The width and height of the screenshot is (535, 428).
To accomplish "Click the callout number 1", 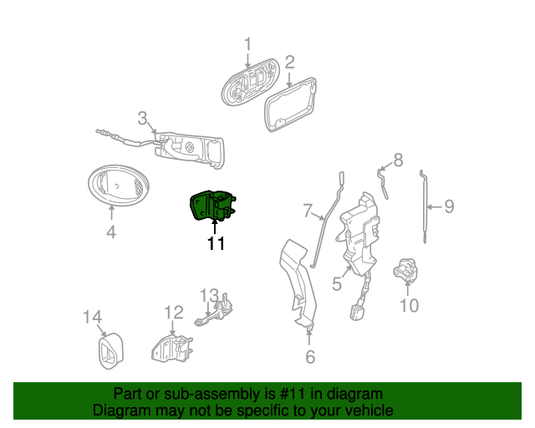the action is click(x=247, y=44).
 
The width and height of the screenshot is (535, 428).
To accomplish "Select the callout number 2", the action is click(x=289, y=63).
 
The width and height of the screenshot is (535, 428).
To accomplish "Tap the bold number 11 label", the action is click(x=217, y=244).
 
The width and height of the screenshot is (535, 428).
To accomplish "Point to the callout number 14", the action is click(x=93, y=317).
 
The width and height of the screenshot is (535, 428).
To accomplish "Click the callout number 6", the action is click(x=310, y=357).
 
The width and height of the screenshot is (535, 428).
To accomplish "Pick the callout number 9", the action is click(x=449, y=206).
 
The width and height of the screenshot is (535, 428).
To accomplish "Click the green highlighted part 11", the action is click(x=213, y=206).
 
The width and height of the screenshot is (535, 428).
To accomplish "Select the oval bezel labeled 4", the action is click(x=118, y=186).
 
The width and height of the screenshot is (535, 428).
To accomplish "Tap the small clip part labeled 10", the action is click(x=405, y=270).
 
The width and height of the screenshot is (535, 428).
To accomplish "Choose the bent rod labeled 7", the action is click(x=327, y=218).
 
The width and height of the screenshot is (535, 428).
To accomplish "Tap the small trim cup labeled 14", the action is click(x=110, y=350).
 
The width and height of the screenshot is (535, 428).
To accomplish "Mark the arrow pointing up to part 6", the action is click(x=308, y=337).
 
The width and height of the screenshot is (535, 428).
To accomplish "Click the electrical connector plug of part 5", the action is click(x=357, y=313).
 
